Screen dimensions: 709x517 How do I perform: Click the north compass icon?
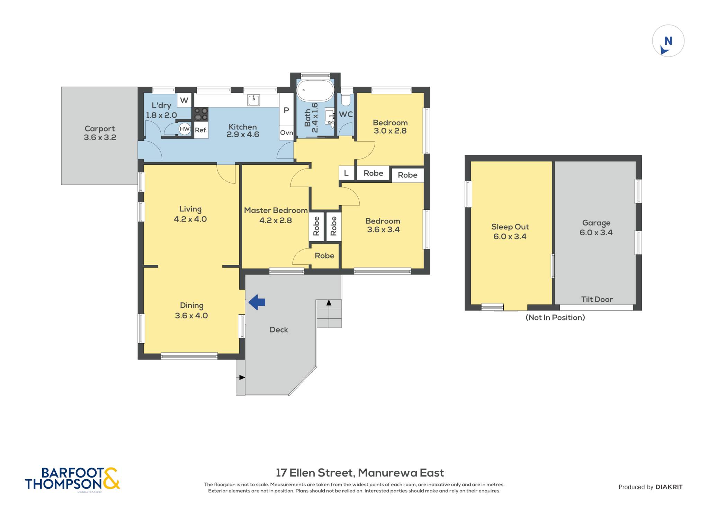tap(668, 41)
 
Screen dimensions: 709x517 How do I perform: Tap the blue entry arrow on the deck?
tap(257, 302)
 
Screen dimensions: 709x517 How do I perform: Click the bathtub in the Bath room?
tap(315, 91)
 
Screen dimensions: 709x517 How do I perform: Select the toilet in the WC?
tap(345, 100)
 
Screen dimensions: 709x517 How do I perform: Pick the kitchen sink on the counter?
tap(254, 100)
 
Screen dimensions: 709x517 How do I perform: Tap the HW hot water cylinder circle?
tap(185, 129)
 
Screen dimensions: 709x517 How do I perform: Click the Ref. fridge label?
tap(201, 130)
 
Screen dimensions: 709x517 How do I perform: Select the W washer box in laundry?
tap(184, 100)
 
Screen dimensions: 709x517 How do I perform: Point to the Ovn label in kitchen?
tap(286, 133)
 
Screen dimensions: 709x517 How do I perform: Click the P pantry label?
tap(286, 110)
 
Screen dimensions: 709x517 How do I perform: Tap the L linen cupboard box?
tap(346, 173)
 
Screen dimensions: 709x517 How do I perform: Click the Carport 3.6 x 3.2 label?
tap(100, 133)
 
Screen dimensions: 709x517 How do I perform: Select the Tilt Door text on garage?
tap(597, 299)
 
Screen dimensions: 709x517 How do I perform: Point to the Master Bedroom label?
tap(276, 210)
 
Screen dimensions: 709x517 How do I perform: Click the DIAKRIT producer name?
tap(669, 487)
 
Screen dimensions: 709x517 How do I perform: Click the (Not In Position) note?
tap(555, 317)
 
